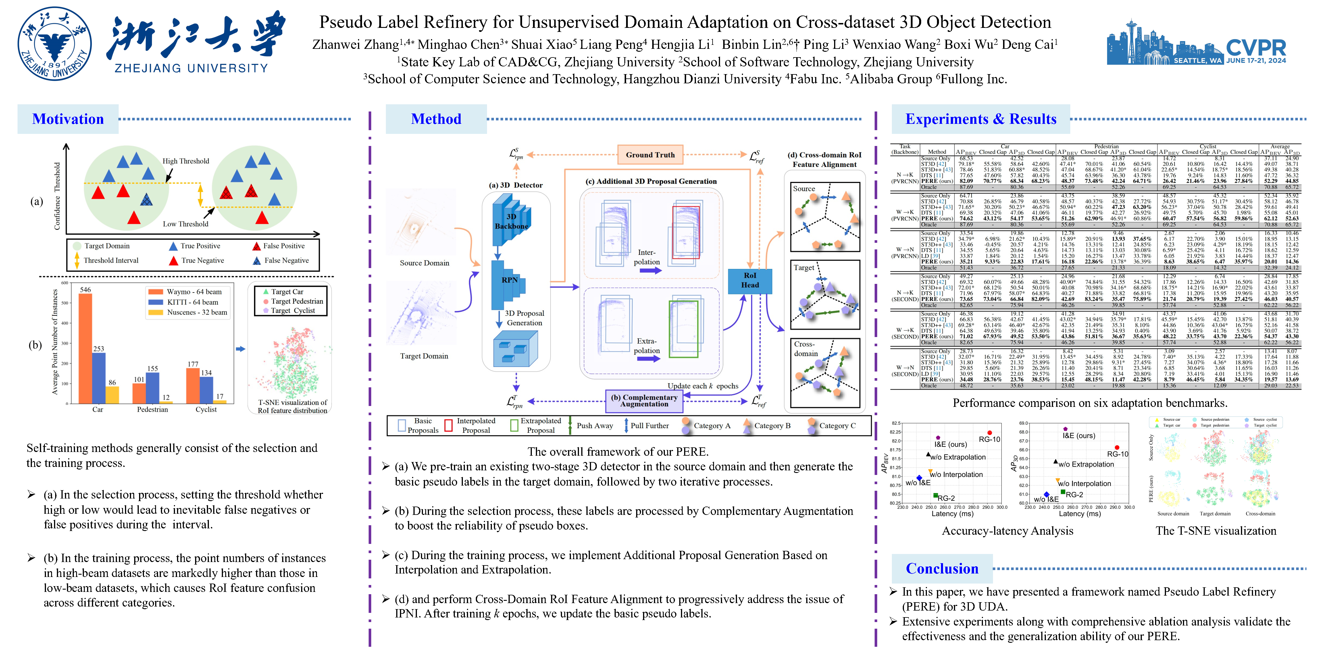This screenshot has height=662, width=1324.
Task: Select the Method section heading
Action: [436, 119]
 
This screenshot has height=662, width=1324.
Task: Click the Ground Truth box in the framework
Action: [650, 155]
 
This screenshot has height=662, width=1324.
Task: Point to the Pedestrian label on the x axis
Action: [152, 410]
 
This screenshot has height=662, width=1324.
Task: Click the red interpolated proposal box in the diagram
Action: [686, 232]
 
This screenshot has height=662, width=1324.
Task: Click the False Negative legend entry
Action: [286, 261]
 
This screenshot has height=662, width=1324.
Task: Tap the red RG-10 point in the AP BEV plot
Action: [989, 433]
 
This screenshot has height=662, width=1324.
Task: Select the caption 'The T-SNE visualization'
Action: [1216, 531]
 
